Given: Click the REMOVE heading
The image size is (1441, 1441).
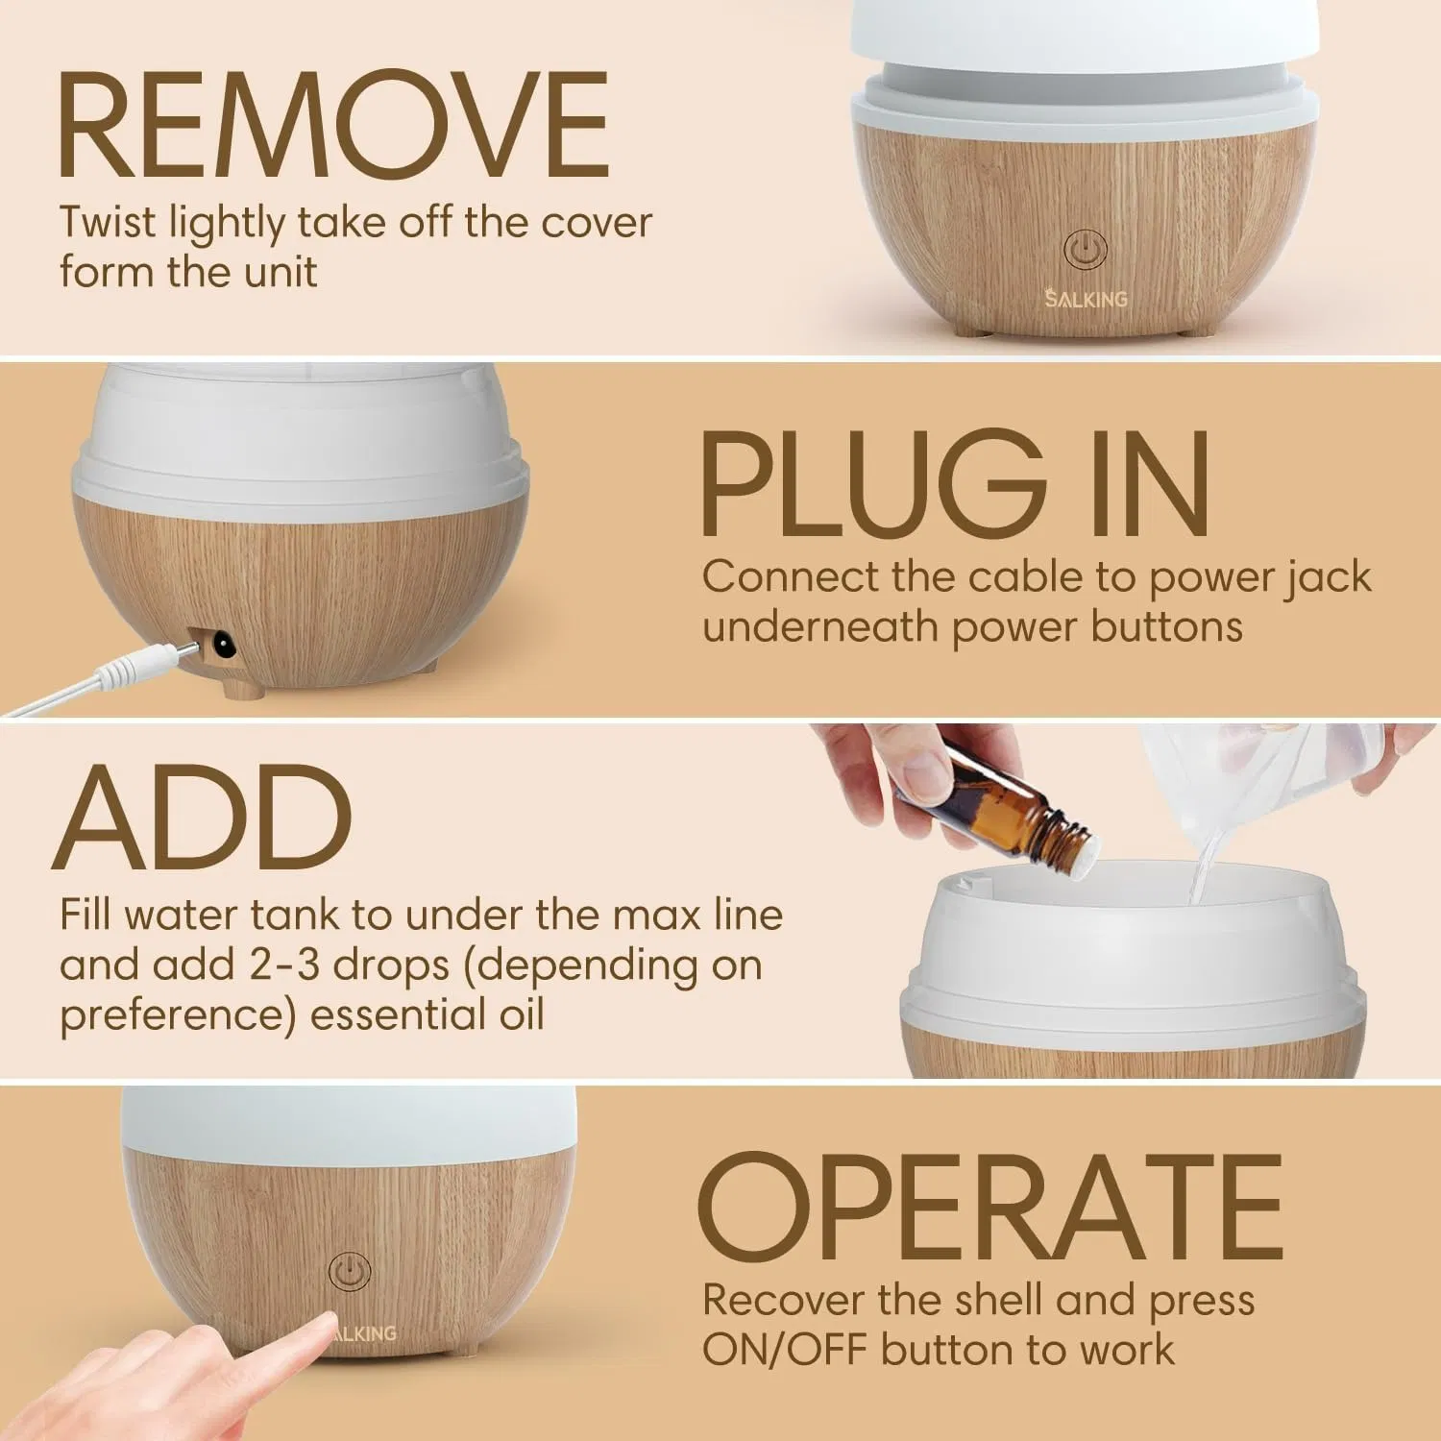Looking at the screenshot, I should pos(333,125).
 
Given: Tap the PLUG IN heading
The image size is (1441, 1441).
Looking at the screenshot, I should pos(955,485).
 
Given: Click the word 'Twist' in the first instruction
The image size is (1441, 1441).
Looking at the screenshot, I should pos(107,223).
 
